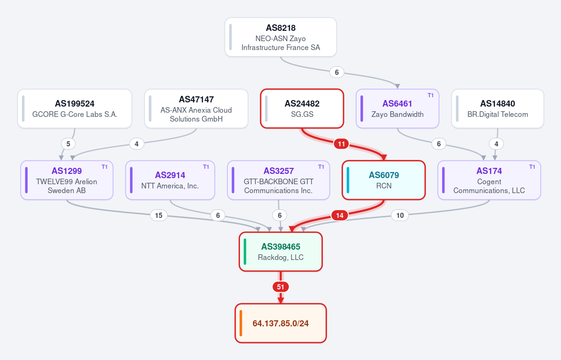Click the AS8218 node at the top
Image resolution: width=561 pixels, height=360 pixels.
click(x=281, y=37)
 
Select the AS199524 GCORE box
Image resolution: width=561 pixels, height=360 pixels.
click(x=75, y=108)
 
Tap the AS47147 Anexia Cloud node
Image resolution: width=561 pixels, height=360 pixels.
click(x=196, y=108)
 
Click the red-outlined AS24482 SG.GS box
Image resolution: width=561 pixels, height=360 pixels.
click(x=302, y=108)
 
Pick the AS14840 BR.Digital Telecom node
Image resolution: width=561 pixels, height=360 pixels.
click(x=498, y=108)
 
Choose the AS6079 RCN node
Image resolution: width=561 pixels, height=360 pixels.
click(x=384, y=180)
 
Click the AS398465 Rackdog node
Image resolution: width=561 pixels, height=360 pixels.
click(x=281, y=252)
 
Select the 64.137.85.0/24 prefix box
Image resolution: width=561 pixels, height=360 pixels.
click(x=281, y=323)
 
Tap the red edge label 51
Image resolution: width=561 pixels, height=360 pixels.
click(x=281, y=287)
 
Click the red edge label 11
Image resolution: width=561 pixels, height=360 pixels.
click(x=341, y=144)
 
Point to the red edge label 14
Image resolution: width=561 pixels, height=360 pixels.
click(x=340, y=215)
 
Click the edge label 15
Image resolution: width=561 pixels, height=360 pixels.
click(x=159, y=215)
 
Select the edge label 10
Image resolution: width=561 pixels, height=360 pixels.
click(x=400, y=215)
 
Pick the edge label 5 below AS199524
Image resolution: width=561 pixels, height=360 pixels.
click(x=68, y=144)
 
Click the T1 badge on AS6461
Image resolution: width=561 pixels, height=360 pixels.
click(x=430, y=95)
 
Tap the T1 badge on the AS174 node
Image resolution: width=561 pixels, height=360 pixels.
click(x=532, y=167)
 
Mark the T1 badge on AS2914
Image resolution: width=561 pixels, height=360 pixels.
click(x=206, y=167)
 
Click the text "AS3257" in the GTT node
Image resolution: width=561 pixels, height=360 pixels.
click(x=278, y=171)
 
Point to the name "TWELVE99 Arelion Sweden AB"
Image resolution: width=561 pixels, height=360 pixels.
click(x=66, y=186)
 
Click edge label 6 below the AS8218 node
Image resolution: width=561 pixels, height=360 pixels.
click(x=337, y=72)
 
